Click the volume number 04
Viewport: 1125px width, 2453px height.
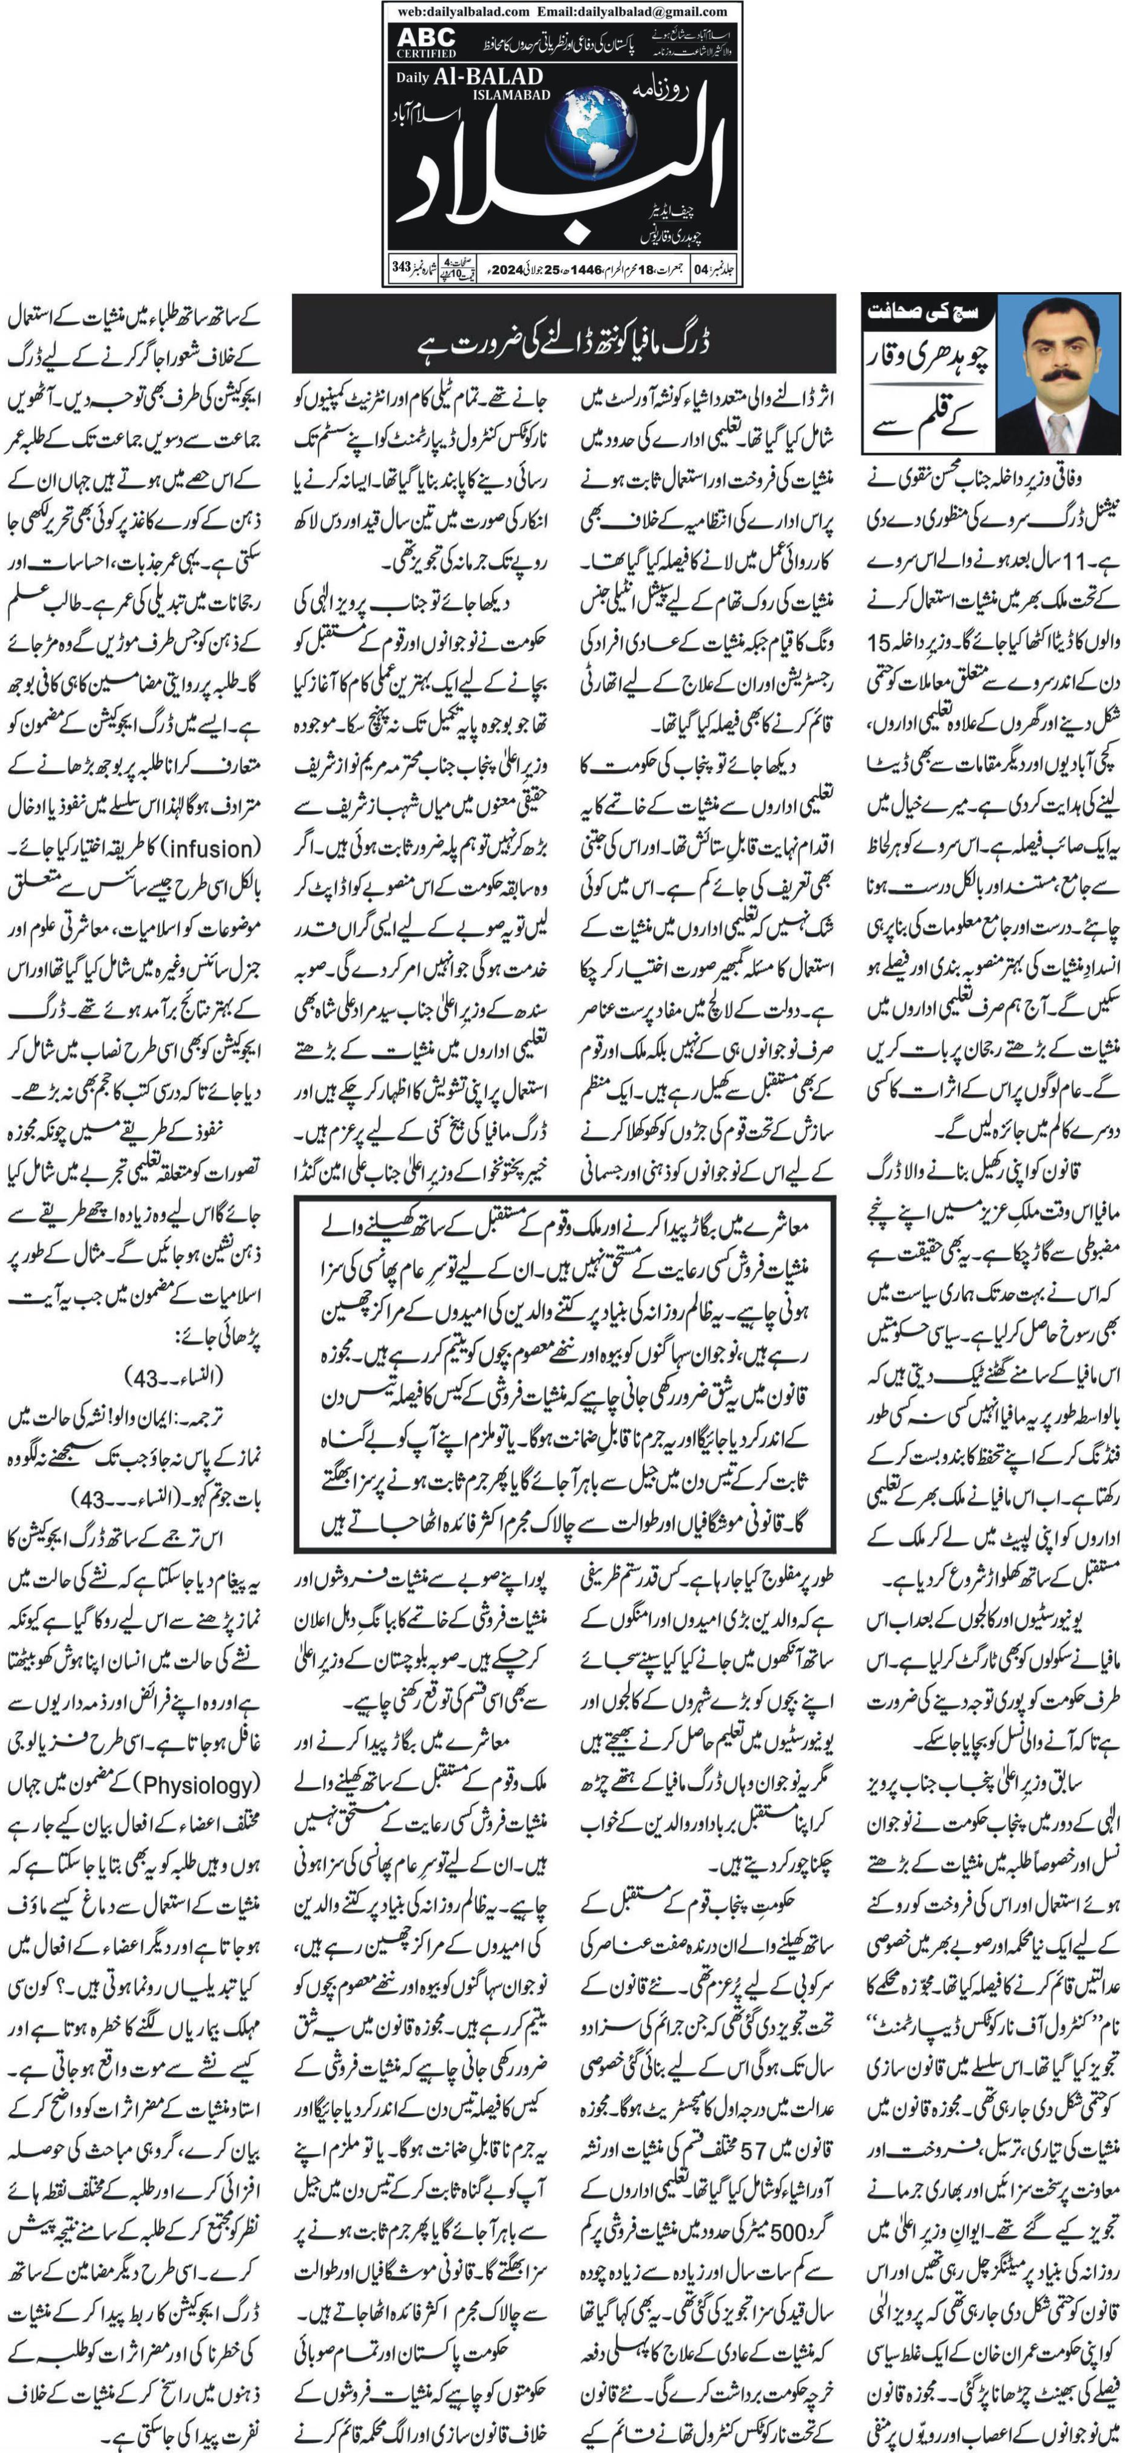coord(703,268)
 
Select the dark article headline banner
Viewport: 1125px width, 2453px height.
coord(564,333)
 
